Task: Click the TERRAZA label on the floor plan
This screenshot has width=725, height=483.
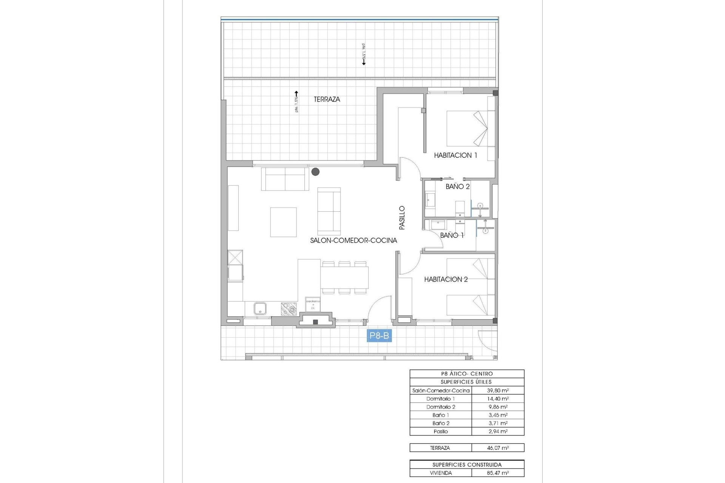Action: click(327, 99)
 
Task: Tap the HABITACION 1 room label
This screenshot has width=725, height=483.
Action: click(455, 155)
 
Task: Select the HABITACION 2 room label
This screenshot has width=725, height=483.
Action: click(446, 279)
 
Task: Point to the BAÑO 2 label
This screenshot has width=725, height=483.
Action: click(457, 186)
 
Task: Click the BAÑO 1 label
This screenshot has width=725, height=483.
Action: click(452, 235)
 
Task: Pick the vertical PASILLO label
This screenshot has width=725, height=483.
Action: click(402, 218)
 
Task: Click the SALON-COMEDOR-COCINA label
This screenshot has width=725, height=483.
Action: click(353, 240)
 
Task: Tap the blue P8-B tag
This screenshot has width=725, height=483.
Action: click(379, 335)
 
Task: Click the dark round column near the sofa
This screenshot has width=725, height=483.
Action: click(315, 172)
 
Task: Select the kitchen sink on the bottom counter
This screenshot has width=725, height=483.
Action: click(260, 309)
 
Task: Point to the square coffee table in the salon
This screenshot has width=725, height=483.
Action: click(283, 222)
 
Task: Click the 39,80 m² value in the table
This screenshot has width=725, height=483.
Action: click(498, 391)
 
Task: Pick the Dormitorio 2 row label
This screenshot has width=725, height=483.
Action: click(441, 407)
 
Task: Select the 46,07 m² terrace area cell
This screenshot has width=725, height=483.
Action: click(498, 448)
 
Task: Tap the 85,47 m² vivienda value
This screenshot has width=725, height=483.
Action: click(498, 473)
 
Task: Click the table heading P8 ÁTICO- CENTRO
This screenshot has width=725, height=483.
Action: click(467, 374)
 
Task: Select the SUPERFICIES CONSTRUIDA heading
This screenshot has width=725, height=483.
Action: click(467, 465)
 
